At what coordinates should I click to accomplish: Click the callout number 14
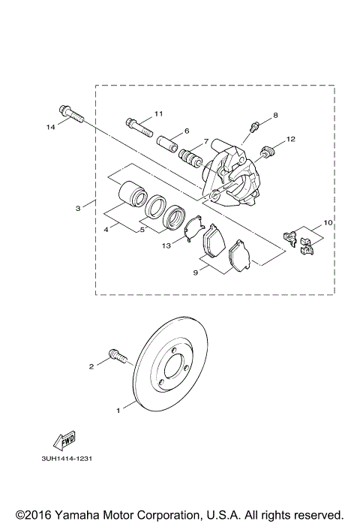coord(51,128)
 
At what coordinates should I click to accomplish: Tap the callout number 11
coord(158,113)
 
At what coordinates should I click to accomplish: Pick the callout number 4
coord(107,229)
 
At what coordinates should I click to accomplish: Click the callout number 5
coord(142,229)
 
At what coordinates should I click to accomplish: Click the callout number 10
coord(327,224)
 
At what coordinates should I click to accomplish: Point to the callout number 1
coord(118,411)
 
